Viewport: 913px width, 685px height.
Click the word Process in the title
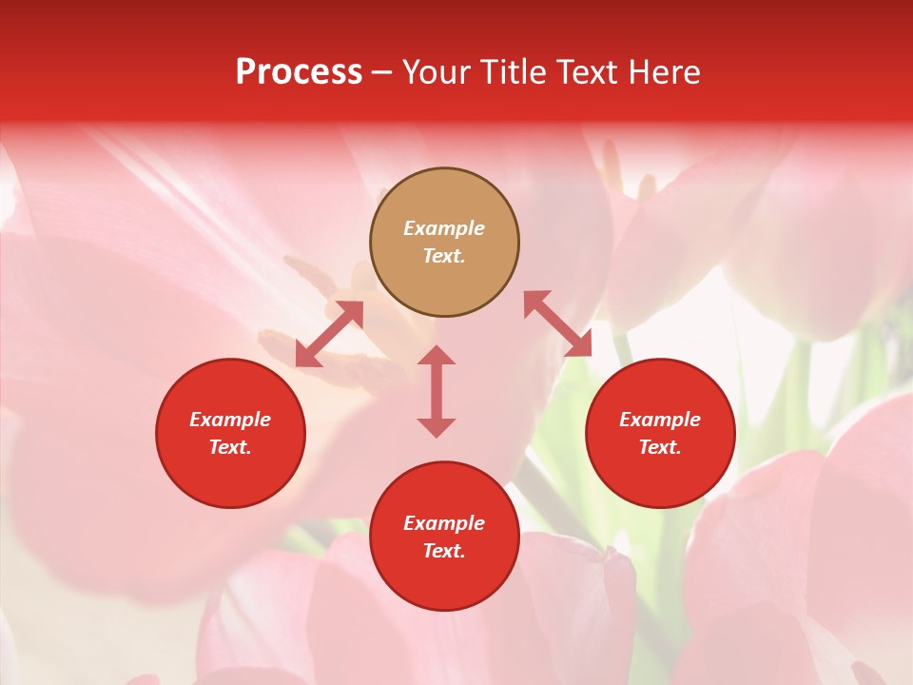click(x=299, y=72)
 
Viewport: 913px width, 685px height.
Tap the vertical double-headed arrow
click(x=437, y=391)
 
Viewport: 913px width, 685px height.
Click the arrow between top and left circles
click(x=329, y=334)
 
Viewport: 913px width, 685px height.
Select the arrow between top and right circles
click(x=557, y=324)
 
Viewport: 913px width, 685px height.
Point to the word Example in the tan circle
click(x=444, y=228)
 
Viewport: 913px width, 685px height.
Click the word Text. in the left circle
click(x=230, y=447)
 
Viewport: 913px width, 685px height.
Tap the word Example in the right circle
click(x=660, y=420)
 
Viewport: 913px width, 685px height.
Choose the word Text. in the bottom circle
click(x=444, y=551)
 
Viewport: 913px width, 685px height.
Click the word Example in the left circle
click(x=230, y=420)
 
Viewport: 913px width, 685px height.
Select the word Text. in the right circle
click(x=660, y=447)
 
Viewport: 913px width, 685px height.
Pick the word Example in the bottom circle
click(x=444, y=523)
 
